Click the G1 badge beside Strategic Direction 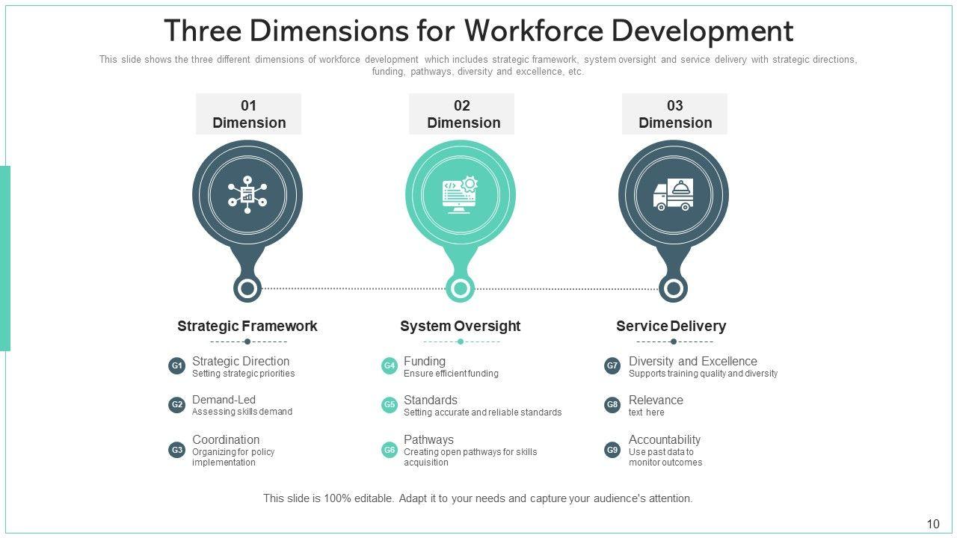point(176,366)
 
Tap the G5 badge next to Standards point(390,405)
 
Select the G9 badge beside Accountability point(612,450)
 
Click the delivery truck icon point(673,195)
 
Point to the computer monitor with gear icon point(460,195)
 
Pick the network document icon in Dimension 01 point(247,195)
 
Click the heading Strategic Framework point(247,326)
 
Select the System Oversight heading point(460,326)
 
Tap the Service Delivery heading point(671,326)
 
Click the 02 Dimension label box point(461,114)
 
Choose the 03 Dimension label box point(674,114)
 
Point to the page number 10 point(933,524)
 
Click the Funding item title point(425,361)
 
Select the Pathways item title point(428,439)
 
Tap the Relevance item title point(656,400)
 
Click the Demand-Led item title point(224,400)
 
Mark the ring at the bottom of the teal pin point(461,288)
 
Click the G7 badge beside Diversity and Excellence point(612,366)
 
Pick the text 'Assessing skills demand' point(242,412)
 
